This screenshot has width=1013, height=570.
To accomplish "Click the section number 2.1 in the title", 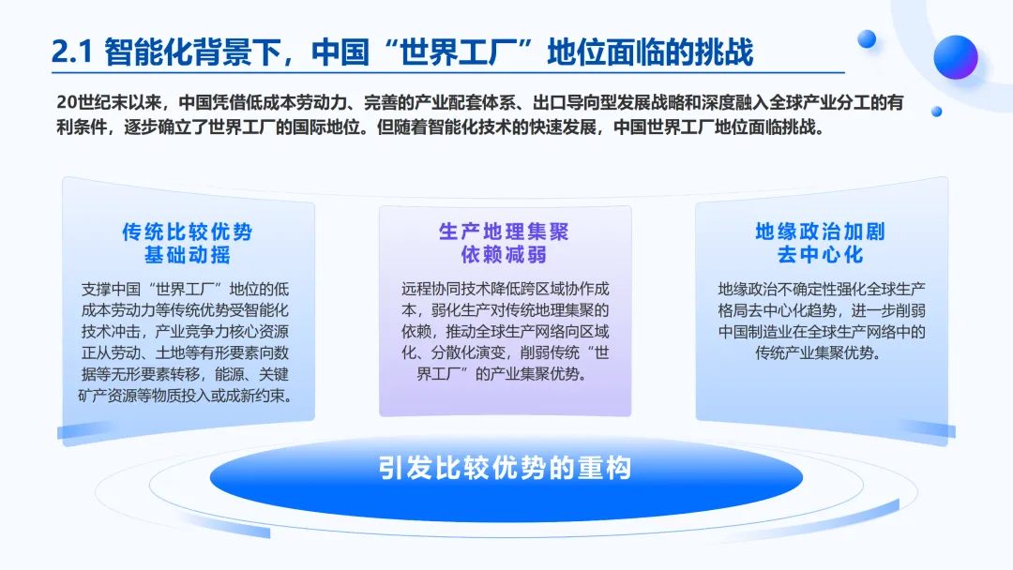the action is (x=72, y=52).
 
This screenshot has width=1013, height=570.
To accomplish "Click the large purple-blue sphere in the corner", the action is (x=956, y=57).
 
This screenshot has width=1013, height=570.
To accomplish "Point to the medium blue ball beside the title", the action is (x=867, y=39).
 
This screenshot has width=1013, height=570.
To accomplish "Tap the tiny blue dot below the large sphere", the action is (x=936, y=112).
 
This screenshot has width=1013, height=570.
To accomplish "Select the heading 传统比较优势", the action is (x=188, y=232).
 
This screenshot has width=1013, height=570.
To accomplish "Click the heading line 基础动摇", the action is (x=188, y=254).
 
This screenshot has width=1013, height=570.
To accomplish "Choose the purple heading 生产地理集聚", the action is (x=504, y=232).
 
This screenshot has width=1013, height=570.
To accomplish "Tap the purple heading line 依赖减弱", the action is (x=504, y=254).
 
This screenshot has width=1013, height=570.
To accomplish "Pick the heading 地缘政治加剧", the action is (x=821, y=232).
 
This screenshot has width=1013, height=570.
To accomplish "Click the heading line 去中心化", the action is (x=821, y=254).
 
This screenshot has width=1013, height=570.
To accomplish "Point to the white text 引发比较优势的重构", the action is (x=506, y=468).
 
